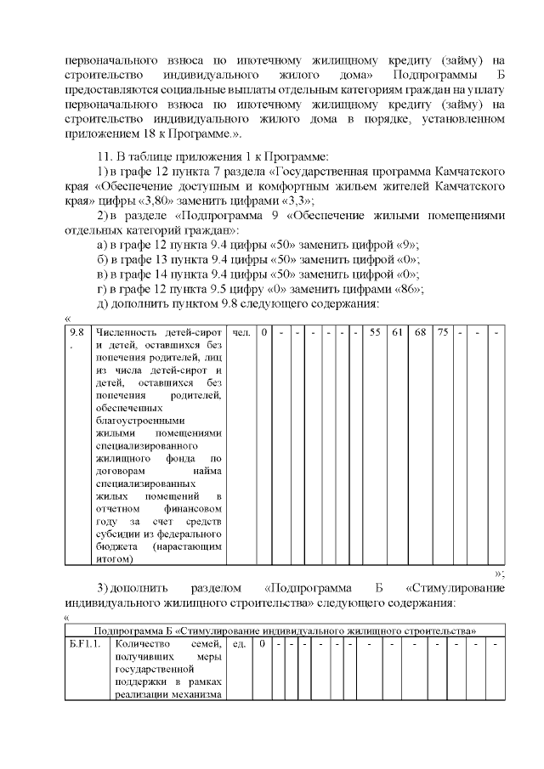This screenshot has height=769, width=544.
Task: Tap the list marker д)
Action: (x=102, y=303)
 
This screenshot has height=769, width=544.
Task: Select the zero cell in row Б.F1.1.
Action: (x=263, y=644)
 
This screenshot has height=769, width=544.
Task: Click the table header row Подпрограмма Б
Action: (x=284, y=630)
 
